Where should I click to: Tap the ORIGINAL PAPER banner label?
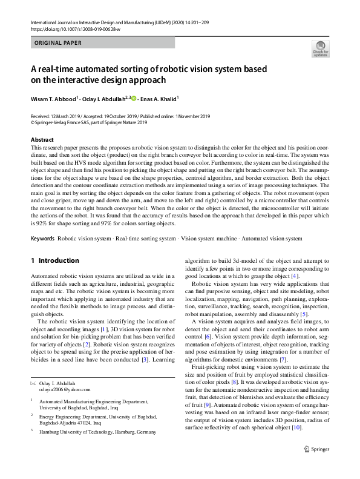[58, 43]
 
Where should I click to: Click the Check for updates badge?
[320, 50]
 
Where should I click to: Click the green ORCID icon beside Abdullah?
[134, 97]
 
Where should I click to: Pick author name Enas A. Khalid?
[159, 97]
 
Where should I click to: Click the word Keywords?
[42, 239]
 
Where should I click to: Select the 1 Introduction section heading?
[54, 260]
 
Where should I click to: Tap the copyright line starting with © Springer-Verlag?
[88, 122]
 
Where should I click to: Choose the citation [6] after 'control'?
[207, 335]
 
